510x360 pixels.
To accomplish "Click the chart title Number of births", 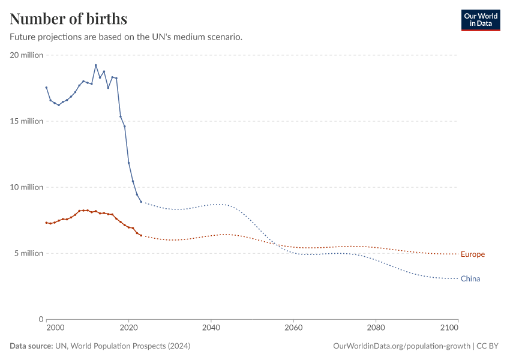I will (68, 19).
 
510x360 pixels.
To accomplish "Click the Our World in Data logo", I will (480, 20).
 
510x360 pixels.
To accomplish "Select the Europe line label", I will (472, 254).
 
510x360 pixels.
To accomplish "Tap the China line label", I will (470, 278).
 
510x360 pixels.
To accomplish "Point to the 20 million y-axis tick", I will (26, 55).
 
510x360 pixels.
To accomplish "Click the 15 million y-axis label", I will (26, 121).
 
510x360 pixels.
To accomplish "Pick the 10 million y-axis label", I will (26, 187).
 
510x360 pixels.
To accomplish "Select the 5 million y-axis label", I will (28, 253).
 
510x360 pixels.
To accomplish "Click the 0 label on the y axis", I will (41, 319).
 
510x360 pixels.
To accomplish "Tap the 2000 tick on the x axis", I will (55, 328).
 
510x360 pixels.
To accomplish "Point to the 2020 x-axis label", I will (128, 328).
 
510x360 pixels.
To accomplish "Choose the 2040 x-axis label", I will (211, 328).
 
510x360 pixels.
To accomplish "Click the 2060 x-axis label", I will (293, 328).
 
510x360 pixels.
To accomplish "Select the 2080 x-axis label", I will (376, 328).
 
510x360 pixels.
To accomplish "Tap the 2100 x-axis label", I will (458, 328).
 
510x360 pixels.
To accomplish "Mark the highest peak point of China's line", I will (96, 65).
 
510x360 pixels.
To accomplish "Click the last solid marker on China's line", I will (141, 202).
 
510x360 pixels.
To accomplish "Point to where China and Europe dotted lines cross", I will (275, 244).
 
